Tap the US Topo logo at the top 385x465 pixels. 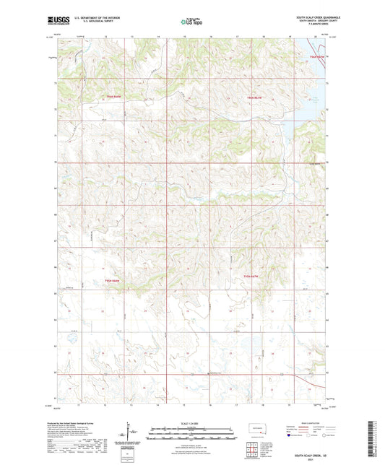pyautogui.click(x=191, y=22)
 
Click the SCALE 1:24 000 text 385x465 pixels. pyautogui.click(x=191, y=423)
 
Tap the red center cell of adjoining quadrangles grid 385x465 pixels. pyautogui.click(x=255, y=443)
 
